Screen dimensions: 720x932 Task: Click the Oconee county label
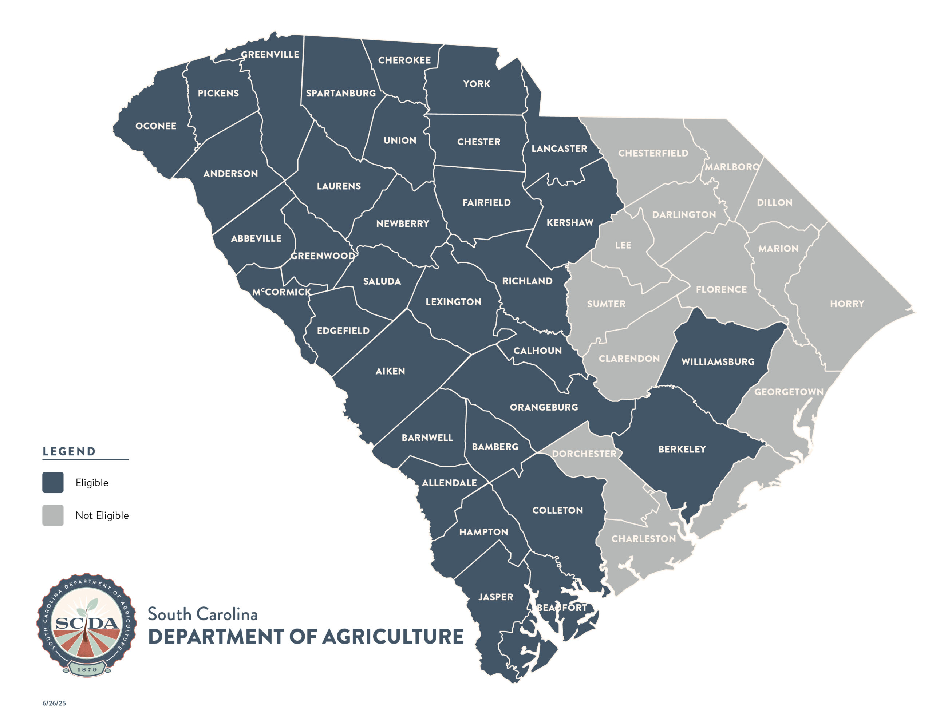[156, 126]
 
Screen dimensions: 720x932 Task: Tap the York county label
[477, 84]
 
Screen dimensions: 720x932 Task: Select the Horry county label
[847, 304]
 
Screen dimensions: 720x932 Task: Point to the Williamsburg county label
[718, 361]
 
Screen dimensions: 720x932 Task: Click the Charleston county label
[644, 539]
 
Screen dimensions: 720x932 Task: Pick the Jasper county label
[495, 597]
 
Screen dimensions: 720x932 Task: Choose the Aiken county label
[390, 371]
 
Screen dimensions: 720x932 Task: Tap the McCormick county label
[282, 292]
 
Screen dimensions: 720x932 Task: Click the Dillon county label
[774, 202]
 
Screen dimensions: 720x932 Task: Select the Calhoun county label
[537, 351]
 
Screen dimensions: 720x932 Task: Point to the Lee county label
[623, 245]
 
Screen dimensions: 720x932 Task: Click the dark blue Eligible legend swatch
[53, 482]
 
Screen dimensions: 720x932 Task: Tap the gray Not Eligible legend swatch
[53, 515]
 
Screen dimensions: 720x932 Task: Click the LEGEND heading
[69, 451]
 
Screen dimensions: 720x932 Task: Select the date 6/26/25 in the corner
[54, 703]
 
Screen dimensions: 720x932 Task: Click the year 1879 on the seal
[87, 669]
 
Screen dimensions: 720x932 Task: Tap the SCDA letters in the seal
[87, 624]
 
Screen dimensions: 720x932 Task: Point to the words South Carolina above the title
[203, 614]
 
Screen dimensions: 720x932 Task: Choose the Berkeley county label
[682, 449]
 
